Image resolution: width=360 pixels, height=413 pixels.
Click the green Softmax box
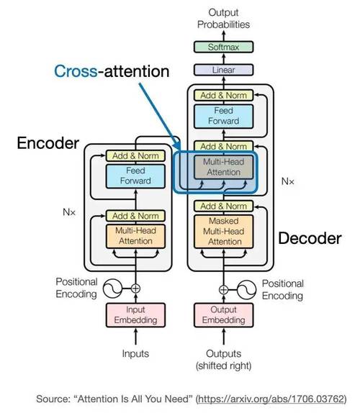(x=223, y=47)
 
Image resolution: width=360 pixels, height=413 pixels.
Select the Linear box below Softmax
(x=223, y=71)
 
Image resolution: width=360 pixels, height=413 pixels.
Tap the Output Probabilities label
(x=223, y=18)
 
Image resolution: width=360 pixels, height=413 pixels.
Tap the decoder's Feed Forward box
(x=223, y=117)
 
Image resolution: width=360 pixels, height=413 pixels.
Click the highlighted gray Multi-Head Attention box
(x=223, y=168)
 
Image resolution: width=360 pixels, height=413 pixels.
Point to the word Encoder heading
(x=47, y=143)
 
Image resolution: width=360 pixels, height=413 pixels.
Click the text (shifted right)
(x=223, y=366)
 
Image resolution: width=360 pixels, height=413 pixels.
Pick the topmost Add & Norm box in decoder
(x=223, y=95)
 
